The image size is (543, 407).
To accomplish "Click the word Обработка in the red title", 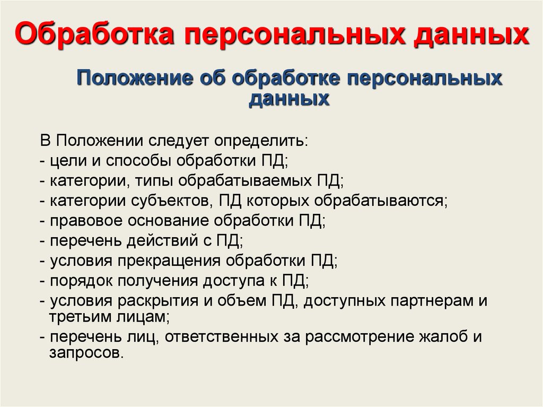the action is click(94, 33).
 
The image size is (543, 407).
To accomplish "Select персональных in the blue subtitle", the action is click(424, 79).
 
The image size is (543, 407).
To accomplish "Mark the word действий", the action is click(162, 241).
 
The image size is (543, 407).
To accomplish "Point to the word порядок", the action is click(81, 281).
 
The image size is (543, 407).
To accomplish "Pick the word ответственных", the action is click(221, 337).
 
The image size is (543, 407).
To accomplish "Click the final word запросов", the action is click(86, 353).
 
